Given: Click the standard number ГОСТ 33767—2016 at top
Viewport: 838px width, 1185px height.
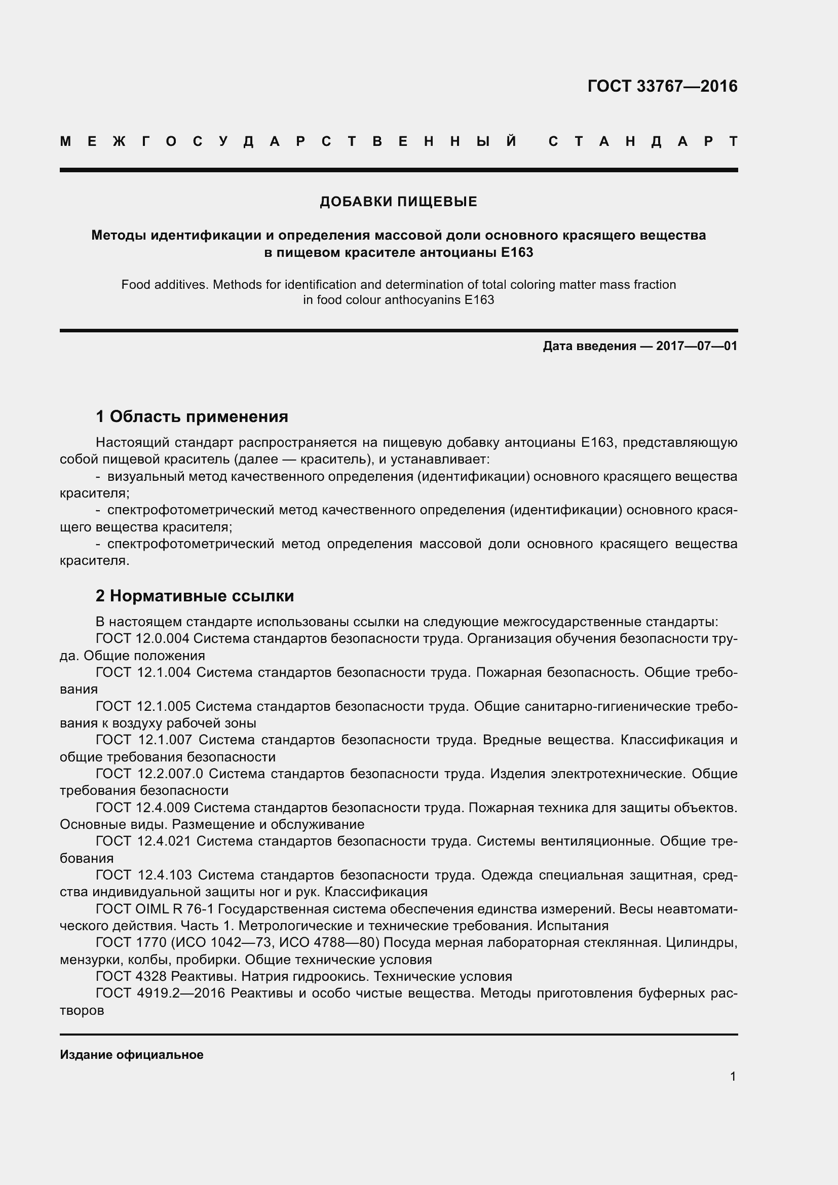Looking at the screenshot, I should click(x=662, y=86).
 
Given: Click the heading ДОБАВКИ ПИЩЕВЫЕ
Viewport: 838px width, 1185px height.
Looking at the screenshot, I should click(x=398, y=202).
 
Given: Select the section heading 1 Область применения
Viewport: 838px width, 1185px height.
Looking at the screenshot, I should click(x=192, y=416).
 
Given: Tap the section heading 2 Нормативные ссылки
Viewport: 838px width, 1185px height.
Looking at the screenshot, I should click(x=195, y=596).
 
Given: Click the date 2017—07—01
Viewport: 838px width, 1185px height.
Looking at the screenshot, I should click(x=697, y=347).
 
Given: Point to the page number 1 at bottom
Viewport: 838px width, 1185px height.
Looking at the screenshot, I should click(x=733, y=1077).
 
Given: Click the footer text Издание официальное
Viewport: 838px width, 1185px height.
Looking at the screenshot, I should click(x=132, y=1055).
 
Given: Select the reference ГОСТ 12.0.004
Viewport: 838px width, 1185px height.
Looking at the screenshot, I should click(x=142, y=639).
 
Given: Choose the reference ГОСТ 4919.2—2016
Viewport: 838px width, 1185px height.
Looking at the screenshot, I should click(x=160, y=993).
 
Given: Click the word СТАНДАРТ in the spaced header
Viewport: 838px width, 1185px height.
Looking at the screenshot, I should click(x=643, y=141).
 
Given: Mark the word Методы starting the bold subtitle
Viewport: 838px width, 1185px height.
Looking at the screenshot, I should click(x=119, y=236).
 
